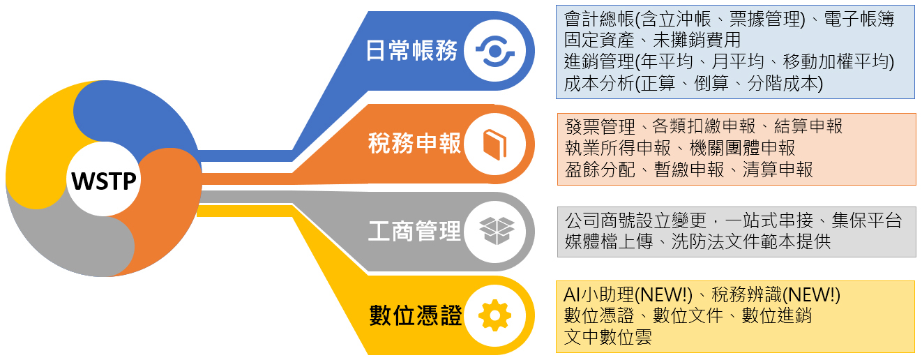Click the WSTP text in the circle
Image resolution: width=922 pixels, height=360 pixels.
tap(104, 181)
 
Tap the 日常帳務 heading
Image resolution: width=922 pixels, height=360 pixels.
tap(411, 51)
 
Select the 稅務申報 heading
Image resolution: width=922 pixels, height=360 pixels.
tap(414, 144)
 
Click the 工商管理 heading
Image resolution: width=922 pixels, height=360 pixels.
tap(414, 231)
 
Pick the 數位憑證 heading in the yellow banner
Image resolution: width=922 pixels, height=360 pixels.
tap(415, 315)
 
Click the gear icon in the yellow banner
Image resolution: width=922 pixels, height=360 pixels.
tap(494, 315)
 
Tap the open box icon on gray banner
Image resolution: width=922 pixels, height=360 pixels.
tap(497, 230)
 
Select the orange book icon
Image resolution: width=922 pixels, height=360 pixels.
tap(494, 144)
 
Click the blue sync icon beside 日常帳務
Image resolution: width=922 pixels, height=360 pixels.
tap(495, 51)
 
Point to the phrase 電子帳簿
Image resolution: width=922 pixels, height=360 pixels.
tap(859, 19)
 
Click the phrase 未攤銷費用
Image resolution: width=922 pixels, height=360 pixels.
tap(697, 40)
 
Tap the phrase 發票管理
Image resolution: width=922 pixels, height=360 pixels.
tap(600, 126)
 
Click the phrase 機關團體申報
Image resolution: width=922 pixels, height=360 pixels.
tap(742, 149)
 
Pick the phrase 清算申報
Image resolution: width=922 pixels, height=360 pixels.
tap(778, 170)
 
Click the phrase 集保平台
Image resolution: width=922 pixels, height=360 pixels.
tap(866, 220)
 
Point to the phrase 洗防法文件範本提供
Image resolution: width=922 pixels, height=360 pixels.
tap(751, 242)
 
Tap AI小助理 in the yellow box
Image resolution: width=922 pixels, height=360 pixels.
tap(598, 294)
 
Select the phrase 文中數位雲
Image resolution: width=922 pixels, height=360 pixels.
tap(607, 338)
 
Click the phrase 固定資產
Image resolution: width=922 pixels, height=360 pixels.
tap(599, 40)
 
